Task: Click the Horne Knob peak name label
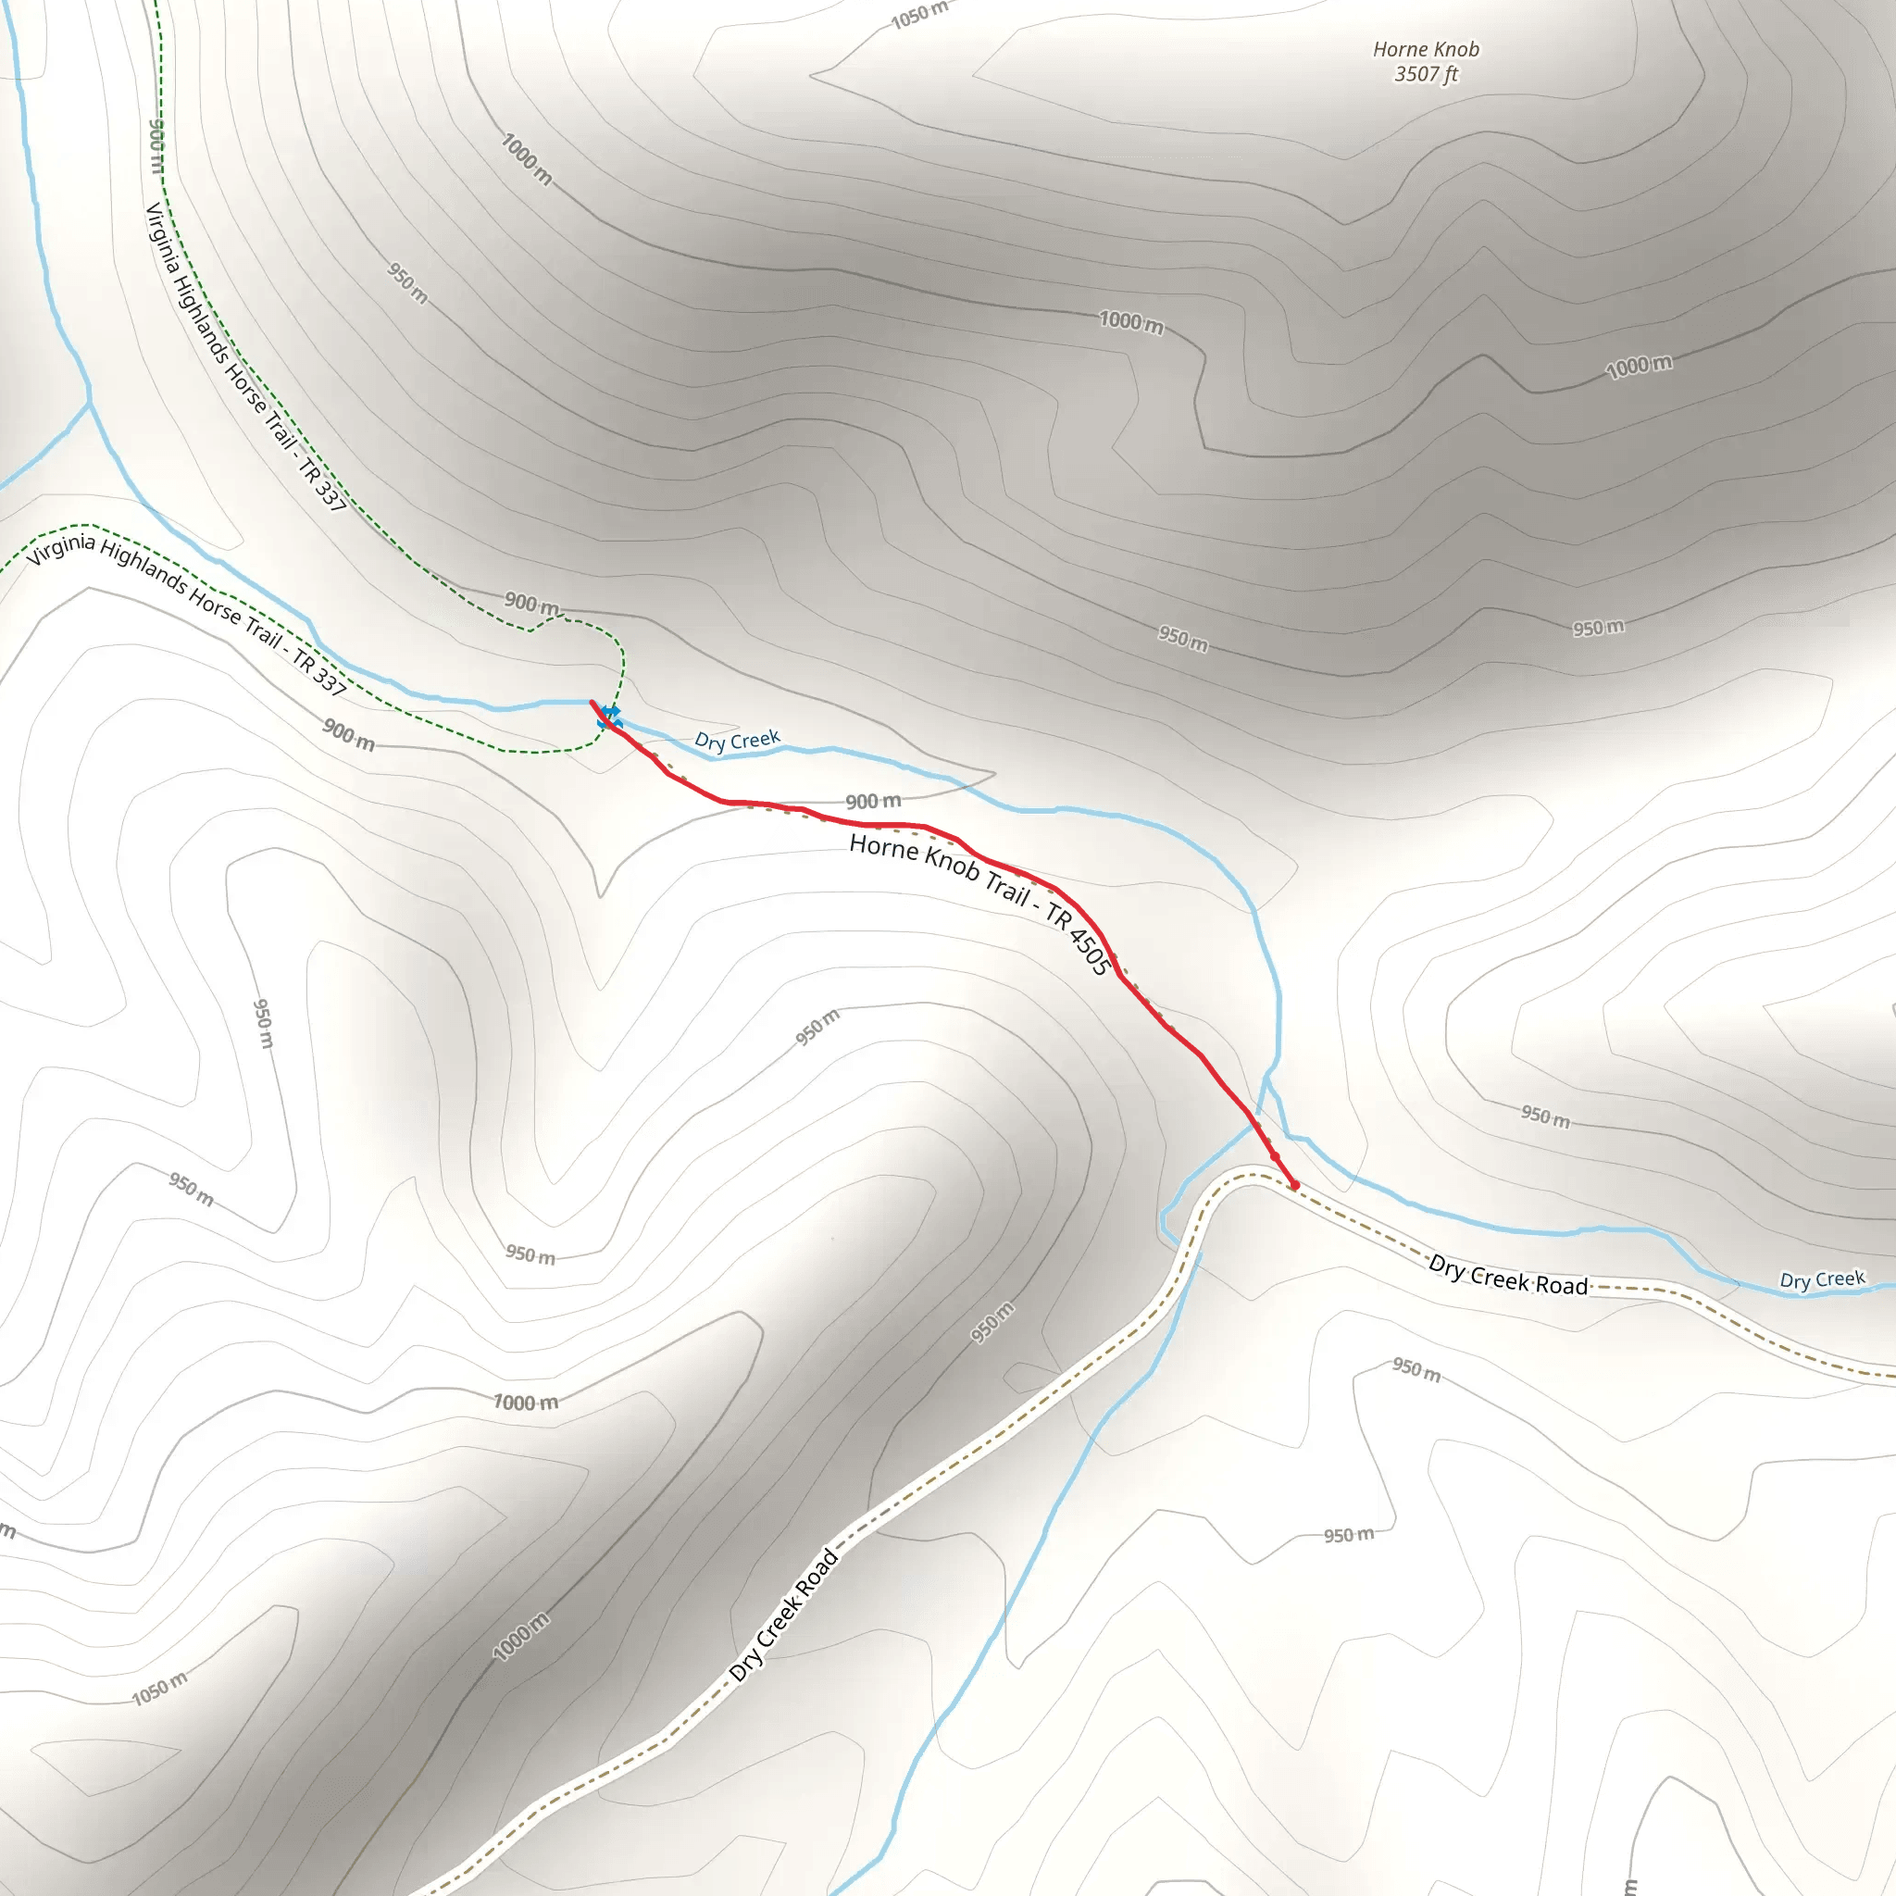click(1425, 49)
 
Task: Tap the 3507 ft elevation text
click(1425, 75)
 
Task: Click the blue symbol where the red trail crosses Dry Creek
click(609, 717)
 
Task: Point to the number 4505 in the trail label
click(1090, 950)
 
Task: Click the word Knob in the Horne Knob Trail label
click(952, 864)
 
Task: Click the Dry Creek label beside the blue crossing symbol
click(737, 739)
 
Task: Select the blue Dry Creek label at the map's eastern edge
click(1821, 1279)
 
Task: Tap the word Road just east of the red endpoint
click(1562, 1285)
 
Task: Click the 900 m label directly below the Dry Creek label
click(872, 802)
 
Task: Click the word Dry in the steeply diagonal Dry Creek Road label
click(745, 1665)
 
